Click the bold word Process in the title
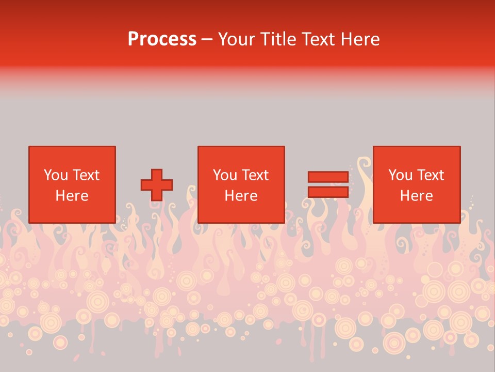162,39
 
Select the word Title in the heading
280,39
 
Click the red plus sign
157,185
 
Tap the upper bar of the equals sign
328,177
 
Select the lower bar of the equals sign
328,192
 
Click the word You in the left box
56,175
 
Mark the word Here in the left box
72,196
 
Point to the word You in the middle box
225,175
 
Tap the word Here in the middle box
241,196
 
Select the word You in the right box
400,175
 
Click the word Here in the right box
416,196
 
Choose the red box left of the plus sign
72,212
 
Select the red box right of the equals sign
416,212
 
